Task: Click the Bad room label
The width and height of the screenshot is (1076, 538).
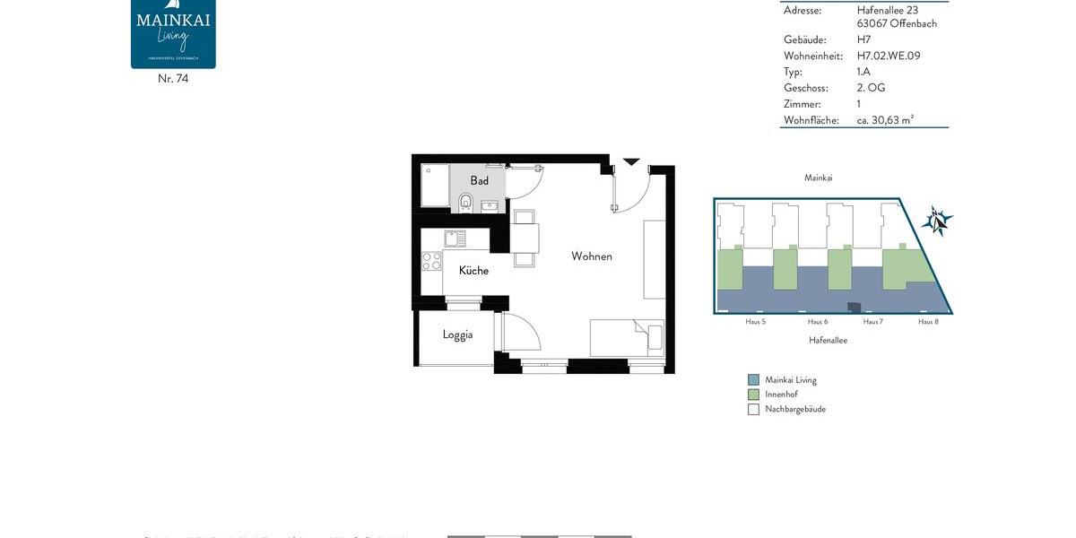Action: pos(480,181)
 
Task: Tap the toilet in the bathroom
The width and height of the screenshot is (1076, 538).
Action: pos(465,203)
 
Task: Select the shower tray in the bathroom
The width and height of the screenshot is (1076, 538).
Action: pos(436,186)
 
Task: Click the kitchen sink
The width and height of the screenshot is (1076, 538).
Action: pos(455,239)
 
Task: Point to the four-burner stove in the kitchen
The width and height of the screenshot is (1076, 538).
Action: pos(432,261)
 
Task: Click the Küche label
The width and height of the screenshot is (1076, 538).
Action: pos(473,271)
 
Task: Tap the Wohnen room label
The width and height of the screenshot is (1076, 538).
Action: pos(592,256)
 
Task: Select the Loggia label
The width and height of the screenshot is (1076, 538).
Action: pos(457,334)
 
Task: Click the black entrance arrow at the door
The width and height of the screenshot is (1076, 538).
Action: pos(631,161)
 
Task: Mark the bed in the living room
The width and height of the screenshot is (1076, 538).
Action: pos(627,338)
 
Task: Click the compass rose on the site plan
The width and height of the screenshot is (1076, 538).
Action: pos(937,220)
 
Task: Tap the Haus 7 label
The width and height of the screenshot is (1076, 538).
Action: pos(872,321)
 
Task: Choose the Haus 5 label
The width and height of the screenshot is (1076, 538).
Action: pos(755,321)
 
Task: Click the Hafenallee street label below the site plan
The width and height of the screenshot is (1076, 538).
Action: pos(828,341)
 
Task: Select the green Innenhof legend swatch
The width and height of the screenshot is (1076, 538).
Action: pos(753,395)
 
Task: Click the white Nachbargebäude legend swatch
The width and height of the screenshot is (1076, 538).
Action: pos(753,410)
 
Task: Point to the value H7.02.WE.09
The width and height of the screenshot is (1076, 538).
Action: pos(888,56)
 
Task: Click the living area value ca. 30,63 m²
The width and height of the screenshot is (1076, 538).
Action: pos(885,120)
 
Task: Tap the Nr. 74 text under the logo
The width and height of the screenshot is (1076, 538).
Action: pos(173,79)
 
